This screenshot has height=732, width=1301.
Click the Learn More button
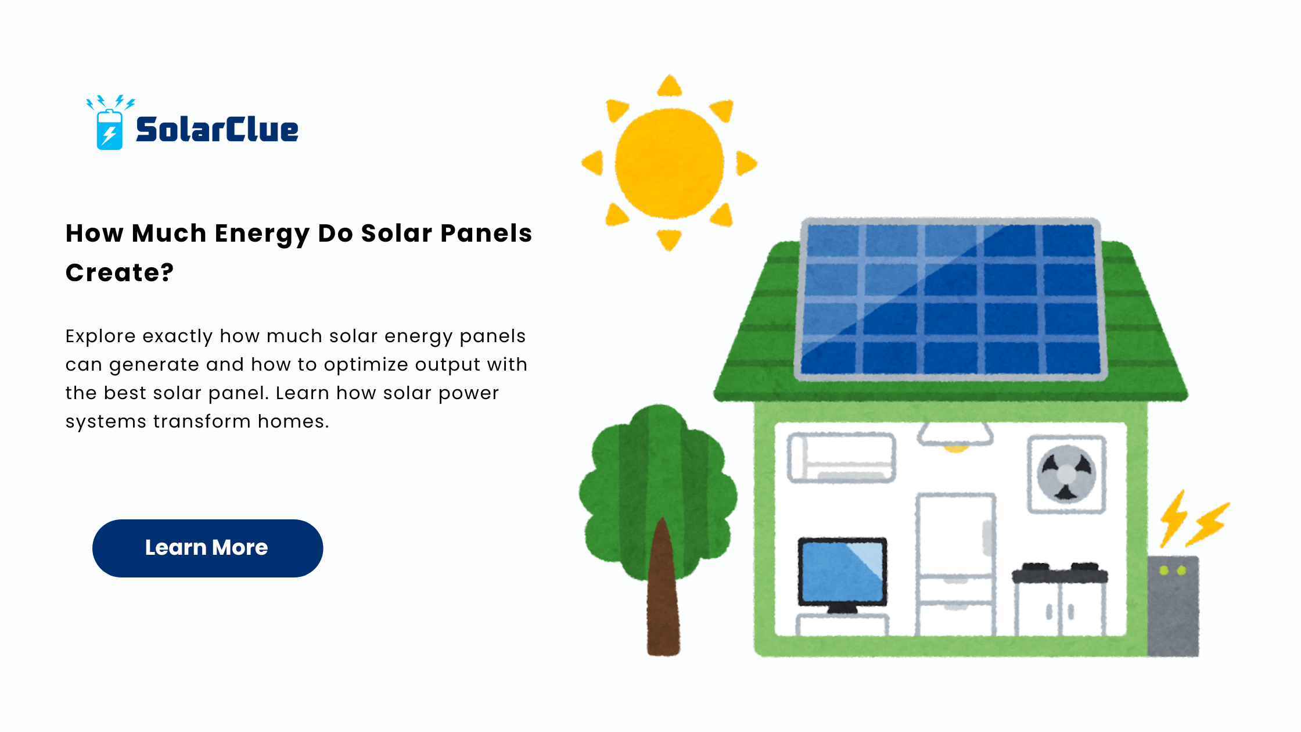click(207, 548)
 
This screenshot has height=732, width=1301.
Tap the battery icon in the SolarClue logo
click(109, 130)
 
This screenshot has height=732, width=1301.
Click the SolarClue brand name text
click(217, 129)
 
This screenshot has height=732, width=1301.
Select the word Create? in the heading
click(119, 272)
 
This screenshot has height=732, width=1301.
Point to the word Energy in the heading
click(261, 234)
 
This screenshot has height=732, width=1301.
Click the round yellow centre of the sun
click(669, 163)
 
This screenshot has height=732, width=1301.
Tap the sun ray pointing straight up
click(669, 86)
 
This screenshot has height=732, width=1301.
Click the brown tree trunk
click(663, 593)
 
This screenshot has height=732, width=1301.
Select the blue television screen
click(842, 572)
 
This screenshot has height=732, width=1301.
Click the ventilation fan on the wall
click(1066, 474)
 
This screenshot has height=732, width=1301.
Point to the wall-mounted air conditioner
click(841, 458)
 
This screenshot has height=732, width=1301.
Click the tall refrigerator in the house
click(955, 564)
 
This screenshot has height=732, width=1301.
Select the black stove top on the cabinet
click(1060, 573)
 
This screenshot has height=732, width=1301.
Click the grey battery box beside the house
click(1173, 606)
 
